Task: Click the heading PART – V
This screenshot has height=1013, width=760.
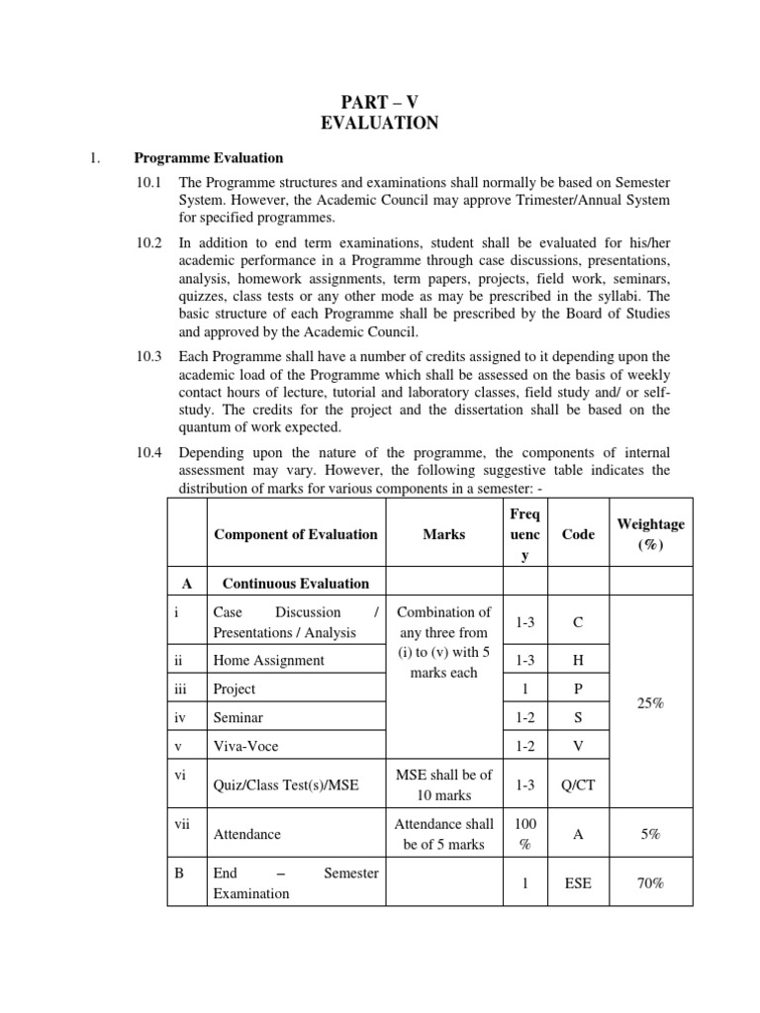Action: [x=380, y=101]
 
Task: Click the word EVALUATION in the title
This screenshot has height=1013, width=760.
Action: [x=380, y=124]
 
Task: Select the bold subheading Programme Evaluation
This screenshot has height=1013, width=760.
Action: [x=209, y=158]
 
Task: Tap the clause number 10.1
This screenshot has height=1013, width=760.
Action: [x=152, y=183]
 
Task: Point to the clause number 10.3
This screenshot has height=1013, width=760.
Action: [x=152, y=356]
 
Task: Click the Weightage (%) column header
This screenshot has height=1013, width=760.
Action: [x=650, y=533]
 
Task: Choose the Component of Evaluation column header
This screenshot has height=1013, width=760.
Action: [x=295, y=534]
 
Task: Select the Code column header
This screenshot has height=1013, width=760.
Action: [x=578, y=534]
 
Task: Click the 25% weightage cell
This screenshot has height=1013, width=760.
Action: [x=650, y=701]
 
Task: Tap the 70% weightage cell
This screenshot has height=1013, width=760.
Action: [x=650, y=883]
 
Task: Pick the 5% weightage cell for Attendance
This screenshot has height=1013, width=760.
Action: [x=650, y=835]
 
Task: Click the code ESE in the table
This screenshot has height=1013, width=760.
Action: [x=578, y=883]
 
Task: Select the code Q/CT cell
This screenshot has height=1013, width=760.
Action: [x=578, y=785]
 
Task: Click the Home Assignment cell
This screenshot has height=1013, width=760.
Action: [x=268, y=660]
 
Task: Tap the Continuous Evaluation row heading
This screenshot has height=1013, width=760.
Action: [x=295, y=584]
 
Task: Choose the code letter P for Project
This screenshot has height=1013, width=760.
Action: [x=578, y=689]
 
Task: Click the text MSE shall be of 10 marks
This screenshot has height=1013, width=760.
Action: [x=443, y=784]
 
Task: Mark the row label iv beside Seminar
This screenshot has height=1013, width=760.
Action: [x=180, y=716]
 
